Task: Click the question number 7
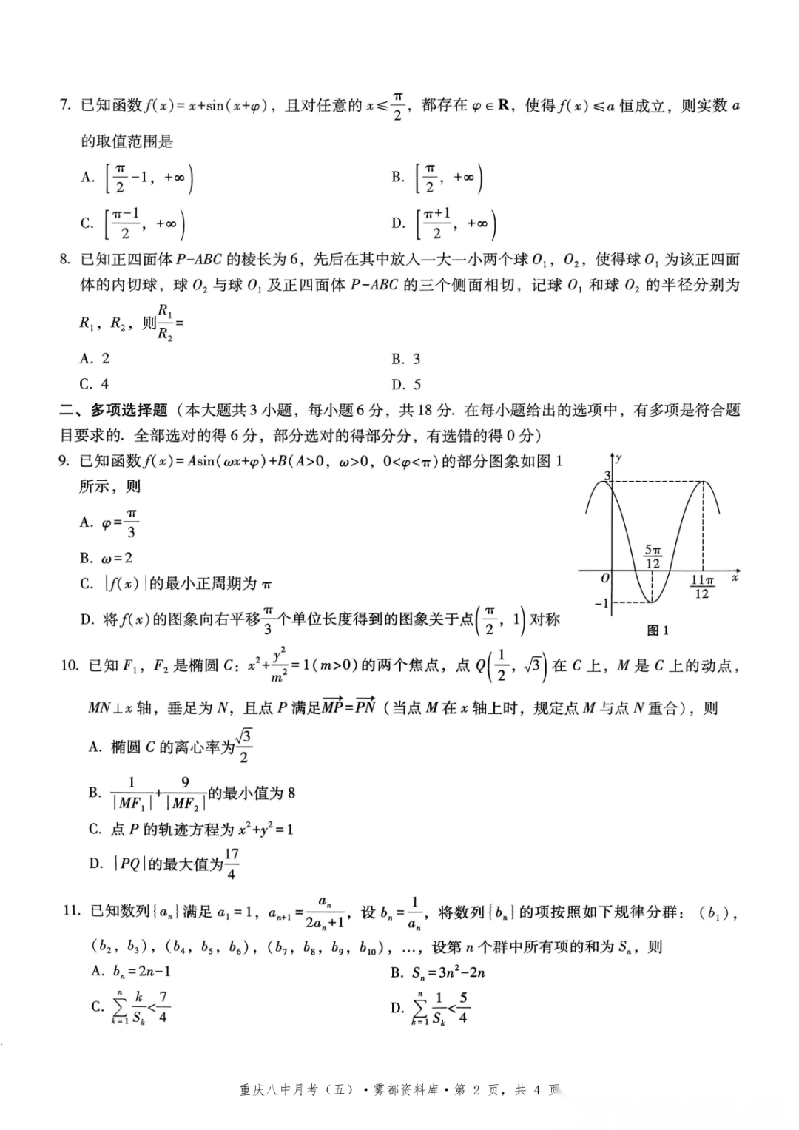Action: click(x=64, y=106)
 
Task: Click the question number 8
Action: click(x=64, y=259)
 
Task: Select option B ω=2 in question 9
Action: click(x=107, y=558)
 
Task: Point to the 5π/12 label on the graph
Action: click(x=653, y=556)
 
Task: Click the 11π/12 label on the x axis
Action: click(x=702, y=587)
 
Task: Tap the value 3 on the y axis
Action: click(x=607, y=476)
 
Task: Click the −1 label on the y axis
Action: click(x=601, y=603)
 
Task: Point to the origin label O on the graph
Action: click(x=605, y=579)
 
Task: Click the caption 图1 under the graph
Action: click(x=657, y=630)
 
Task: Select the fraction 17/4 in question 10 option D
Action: click(x=232, y=864)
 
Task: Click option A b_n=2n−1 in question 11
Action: click(x=131, y=972)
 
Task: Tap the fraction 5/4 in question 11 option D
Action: click(x=463, y=1007)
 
